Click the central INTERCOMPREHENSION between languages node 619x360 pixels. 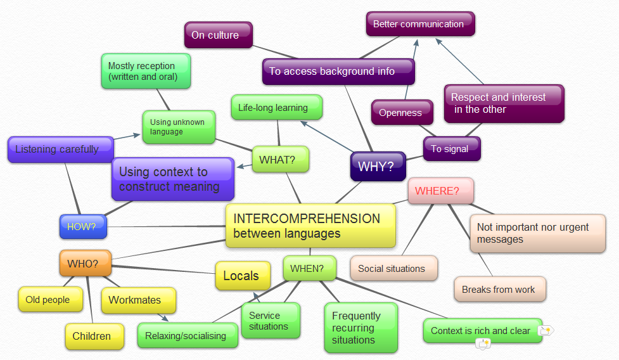pyautogui.click(x=310, y=226)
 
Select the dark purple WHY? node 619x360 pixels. pyautogui.click(x=378, y=167)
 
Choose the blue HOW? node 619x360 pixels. pyautogui.click(x=83, y=226)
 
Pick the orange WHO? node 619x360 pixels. pyautogui.click(x=86, y=263)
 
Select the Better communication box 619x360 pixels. pyautogui.click(x=420, y=24)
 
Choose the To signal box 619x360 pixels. pyautogui.click(x=451, y=149)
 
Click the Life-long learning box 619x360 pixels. pyautogui.click(x=276, y=108)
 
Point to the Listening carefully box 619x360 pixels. pyautogui.click(x=60, y=150)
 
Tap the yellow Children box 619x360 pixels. pyautogui.click(x=93, y=336)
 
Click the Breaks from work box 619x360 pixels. pyautogui.click(x=499, y=289)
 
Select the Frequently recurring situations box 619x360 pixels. pyautogui.click(x=361, y=328)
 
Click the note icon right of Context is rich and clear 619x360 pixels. pyautogui.click(x=545, y=330)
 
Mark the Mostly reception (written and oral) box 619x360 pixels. pyautogui.click(x=146, y=71)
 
